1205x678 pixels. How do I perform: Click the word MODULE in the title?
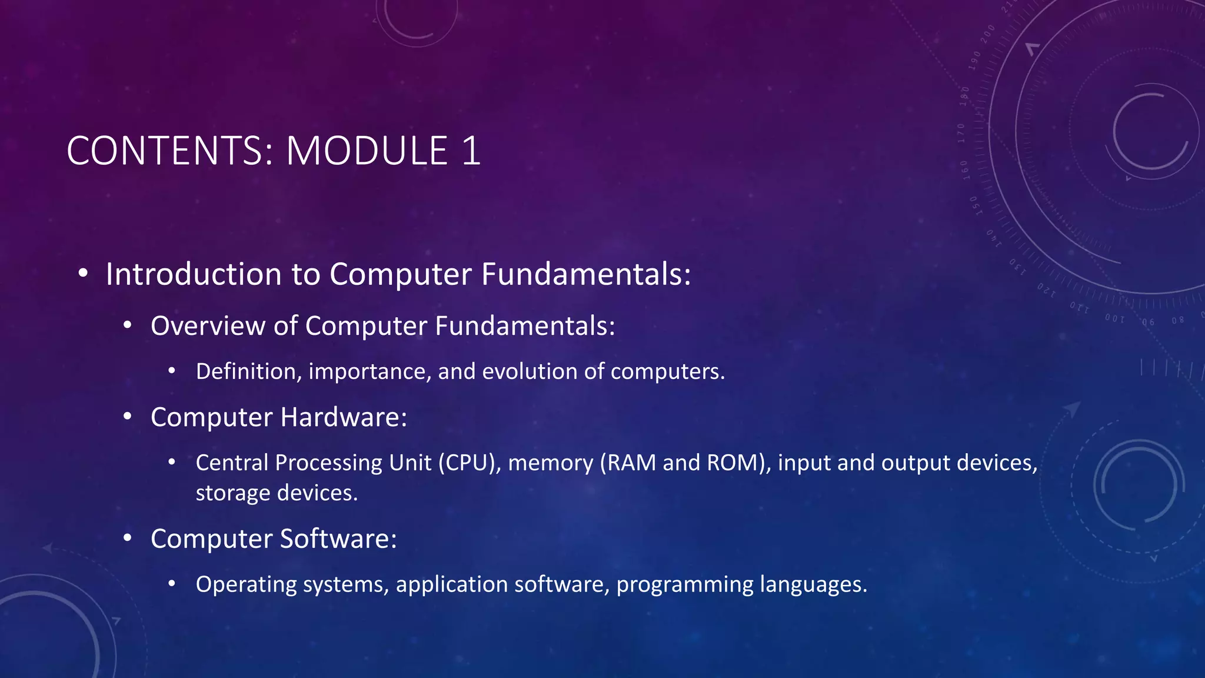pos(367,151)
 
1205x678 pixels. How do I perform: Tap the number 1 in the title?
pos(471,151)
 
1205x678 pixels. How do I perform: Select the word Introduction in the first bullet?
pos(194,274)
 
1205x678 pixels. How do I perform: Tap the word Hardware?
pos(343,417)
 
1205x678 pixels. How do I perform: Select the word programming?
pos(685,585)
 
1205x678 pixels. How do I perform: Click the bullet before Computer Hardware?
pos(128,417)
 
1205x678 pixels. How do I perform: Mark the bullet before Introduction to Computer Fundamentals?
pos(83,273)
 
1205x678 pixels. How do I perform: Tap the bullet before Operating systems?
pos(172,584)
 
